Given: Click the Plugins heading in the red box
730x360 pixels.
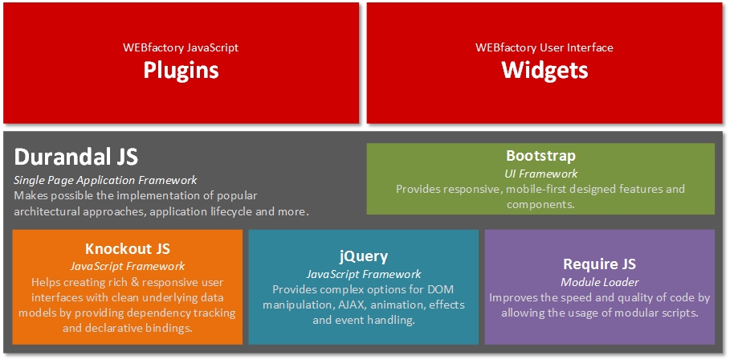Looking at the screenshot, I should click(x=181, y=70).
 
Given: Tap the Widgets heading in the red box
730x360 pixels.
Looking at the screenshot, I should click(x=544, y=70).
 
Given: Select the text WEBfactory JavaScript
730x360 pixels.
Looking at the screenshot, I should click(x=181, y=47).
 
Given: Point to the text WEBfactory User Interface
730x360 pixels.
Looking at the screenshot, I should click(x=544, y=47).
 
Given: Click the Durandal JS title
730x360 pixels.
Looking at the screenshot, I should click(x=76, y=156).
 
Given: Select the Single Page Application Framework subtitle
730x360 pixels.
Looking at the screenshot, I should click(x=105, y=180).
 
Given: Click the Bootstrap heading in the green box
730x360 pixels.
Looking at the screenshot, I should click(x=540, y=155).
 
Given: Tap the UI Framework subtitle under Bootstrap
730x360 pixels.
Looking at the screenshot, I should click(x=540, y=173).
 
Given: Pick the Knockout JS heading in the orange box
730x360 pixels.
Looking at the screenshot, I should click(x=128, y=248).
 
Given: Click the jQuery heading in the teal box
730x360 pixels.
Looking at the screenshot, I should click(x=363, y=256).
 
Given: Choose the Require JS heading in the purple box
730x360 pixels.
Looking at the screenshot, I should click(x=599, y=264).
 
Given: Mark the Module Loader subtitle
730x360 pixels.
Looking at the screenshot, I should click(x=599, y=281).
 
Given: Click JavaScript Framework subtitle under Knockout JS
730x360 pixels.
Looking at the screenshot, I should click(x=128, y=266).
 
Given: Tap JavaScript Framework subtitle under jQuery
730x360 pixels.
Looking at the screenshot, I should click(x=363, y=274).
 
